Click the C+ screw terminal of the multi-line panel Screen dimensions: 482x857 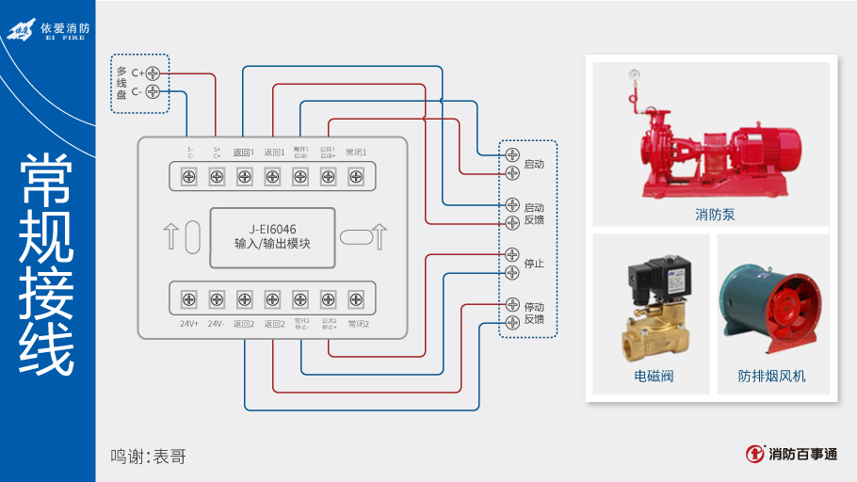153,72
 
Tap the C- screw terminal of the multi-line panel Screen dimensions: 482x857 153,91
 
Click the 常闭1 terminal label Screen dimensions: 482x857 356,152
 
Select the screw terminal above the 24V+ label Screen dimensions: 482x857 189,299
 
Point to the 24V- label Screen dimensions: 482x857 217,324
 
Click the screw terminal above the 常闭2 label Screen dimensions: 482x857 356,299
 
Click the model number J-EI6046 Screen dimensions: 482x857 272,229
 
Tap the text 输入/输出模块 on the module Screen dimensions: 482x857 272,244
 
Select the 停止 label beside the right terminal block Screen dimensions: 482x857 534,264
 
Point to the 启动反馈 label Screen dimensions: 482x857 534,214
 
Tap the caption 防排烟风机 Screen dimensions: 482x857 772,378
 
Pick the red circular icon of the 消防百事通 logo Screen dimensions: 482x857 754,454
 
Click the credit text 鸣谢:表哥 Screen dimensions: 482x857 148,457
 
